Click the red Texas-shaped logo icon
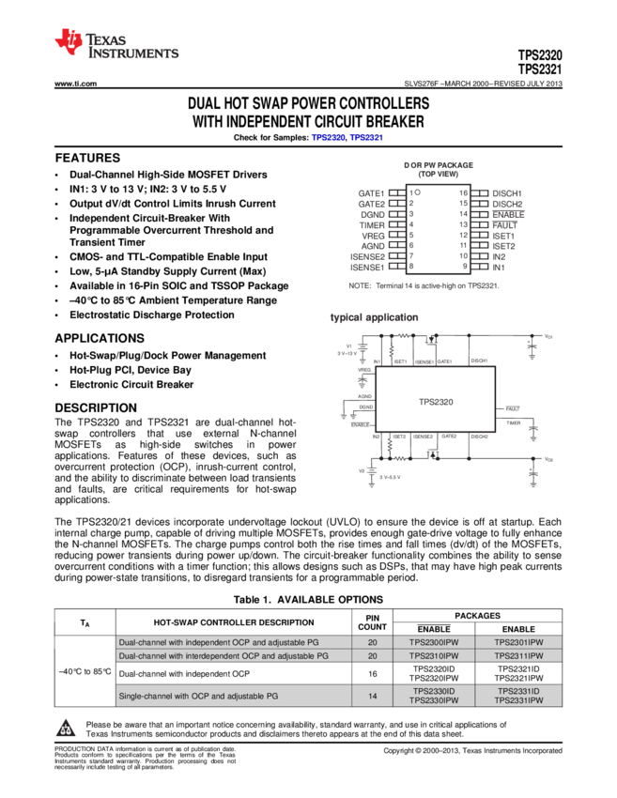point(68,41)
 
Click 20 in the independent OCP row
point(373,642)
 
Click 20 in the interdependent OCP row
point(373,655)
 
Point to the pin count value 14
point(373,696)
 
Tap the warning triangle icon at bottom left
point(66,728)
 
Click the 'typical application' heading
point(374,317)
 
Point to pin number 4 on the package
point(411,224)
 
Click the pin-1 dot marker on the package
point(418,192)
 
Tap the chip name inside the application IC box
point(435,401)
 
